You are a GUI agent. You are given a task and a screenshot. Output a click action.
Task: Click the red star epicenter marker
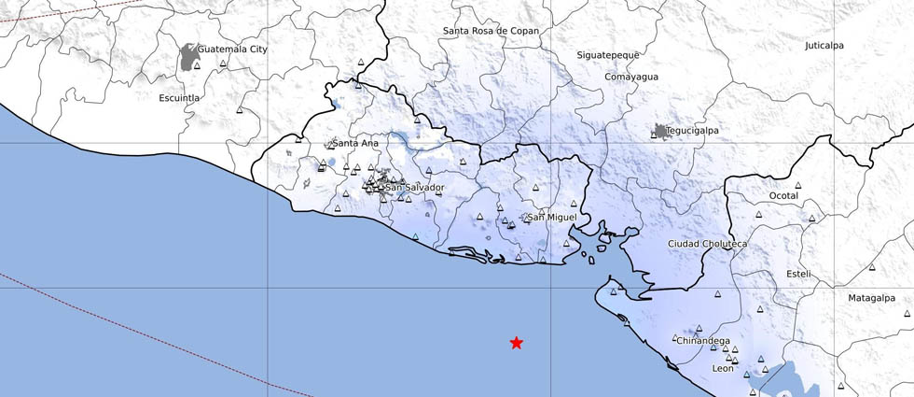(x=517, y=343)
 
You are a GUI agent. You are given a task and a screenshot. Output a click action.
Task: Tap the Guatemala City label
(x=233, y=49)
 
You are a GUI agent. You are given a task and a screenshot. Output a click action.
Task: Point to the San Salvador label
(x=415, y=188)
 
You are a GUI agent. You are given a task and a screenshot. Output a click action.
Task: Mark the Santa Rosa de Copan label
(x=491, y=31)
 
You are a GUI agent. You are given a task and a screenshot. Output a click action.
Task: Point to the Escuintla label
(x=180, y=97)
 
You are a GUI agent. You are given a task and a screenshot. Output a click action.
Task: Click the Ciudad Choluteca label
(x=708, y=244)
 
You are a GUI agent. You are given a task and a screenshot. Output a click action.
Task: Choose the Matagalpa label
(x=871, y=298)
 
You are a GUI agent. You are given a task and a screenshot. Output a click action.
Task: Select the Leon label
(x=723, y=369)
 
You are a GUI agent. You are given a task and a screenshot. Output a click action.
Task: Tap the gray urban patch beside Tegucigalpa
(x=661, y=132)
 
